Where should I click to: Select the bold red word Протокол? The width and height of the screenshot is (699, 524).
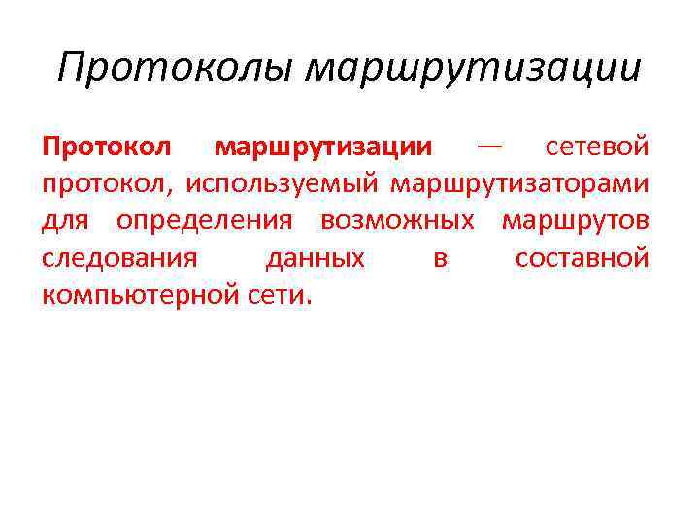click(107, 147)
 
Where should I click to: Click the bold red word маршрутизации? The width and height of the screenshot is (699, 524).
click(323, 147)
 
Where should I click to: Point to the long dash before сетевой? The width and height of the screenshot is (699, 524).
click(490, 147)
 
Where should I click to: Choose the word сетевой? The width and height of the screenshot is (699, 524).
click(597, 147)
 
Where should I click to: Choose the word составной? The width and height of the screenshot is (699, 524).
click(582, 259)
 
